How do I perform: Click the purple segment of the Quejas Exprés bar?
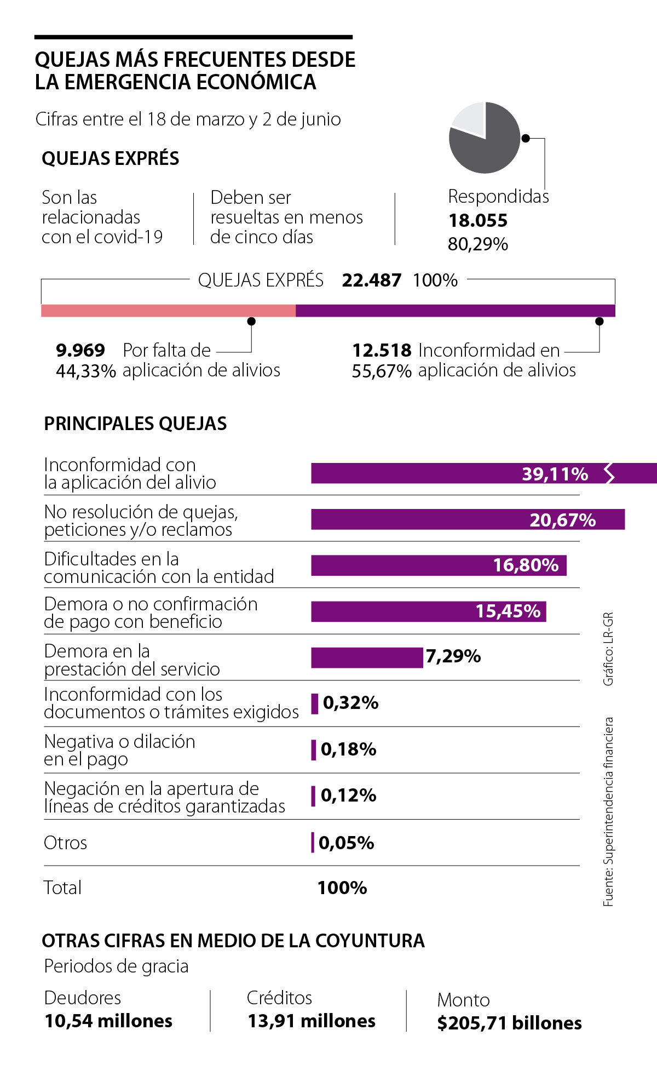point(455,311)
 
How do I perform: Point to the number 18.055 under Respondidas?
point(478,220)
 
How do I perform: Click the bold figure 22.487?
point(371,280)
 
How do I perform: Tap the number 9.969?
point(80,350)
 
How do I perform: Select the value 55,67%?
point(382,371)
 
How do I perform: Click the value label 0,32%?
point(350,703)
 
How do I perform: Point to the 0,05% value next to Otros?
point(346,843)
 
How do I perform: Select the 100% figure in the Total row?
point(342,888)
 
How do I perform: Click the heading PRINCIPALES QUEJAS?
point(135,424)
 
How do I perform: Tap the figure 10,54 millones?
point(108,1021)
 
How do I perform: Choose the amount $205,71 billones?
point(509,1023)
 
